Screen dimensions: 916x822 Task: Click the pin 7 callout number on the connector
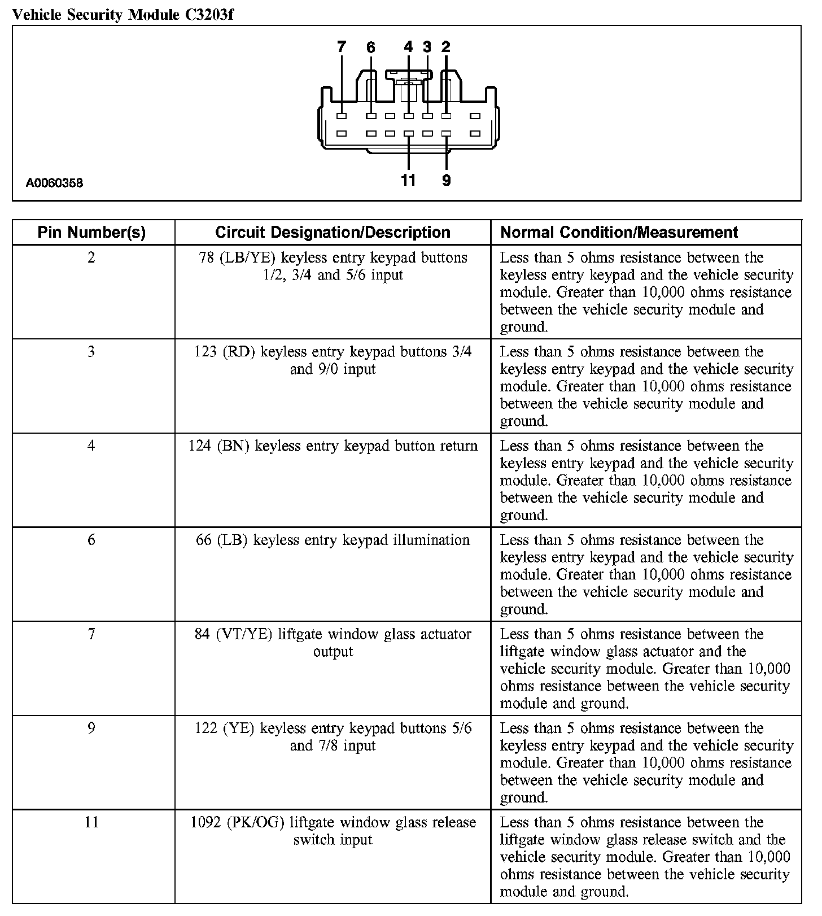[341, 47]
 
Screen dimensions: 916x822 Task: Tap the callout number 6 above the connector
[370, 47]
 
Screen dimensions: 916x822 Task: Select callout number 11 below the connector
[408, 180]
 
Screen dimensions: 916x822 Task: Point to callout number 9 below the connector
[447, 180]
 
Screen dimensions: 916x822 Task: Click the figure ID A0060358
[54, 183]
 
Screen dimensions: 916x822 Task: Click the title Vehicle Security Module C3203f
[123, 15]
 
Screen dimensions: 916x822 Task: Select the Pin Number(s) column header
[91, 232]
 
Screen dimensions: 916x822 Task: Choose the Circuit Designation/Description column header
[333, 232]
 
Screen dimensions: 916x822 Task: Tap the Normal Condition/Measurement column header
[619, 232]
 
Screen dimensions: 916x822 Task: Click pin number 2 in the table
[91, 258]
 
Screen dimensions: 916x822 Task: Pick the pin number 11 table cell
[91, 822]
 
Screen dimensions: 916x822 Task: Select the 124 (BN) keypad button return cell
[333, 446]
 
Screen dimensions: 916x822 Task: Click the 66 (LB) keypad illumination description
[333, 540]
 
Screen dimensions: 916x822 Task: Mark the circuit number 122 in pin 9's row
[205, 729]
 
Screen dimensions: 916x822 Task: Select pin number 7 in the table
[91, 634]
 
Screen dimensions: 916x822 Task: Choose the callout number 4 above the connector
[409, 47]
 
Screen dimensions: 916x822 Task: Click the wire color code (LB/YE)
[247, 258]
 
